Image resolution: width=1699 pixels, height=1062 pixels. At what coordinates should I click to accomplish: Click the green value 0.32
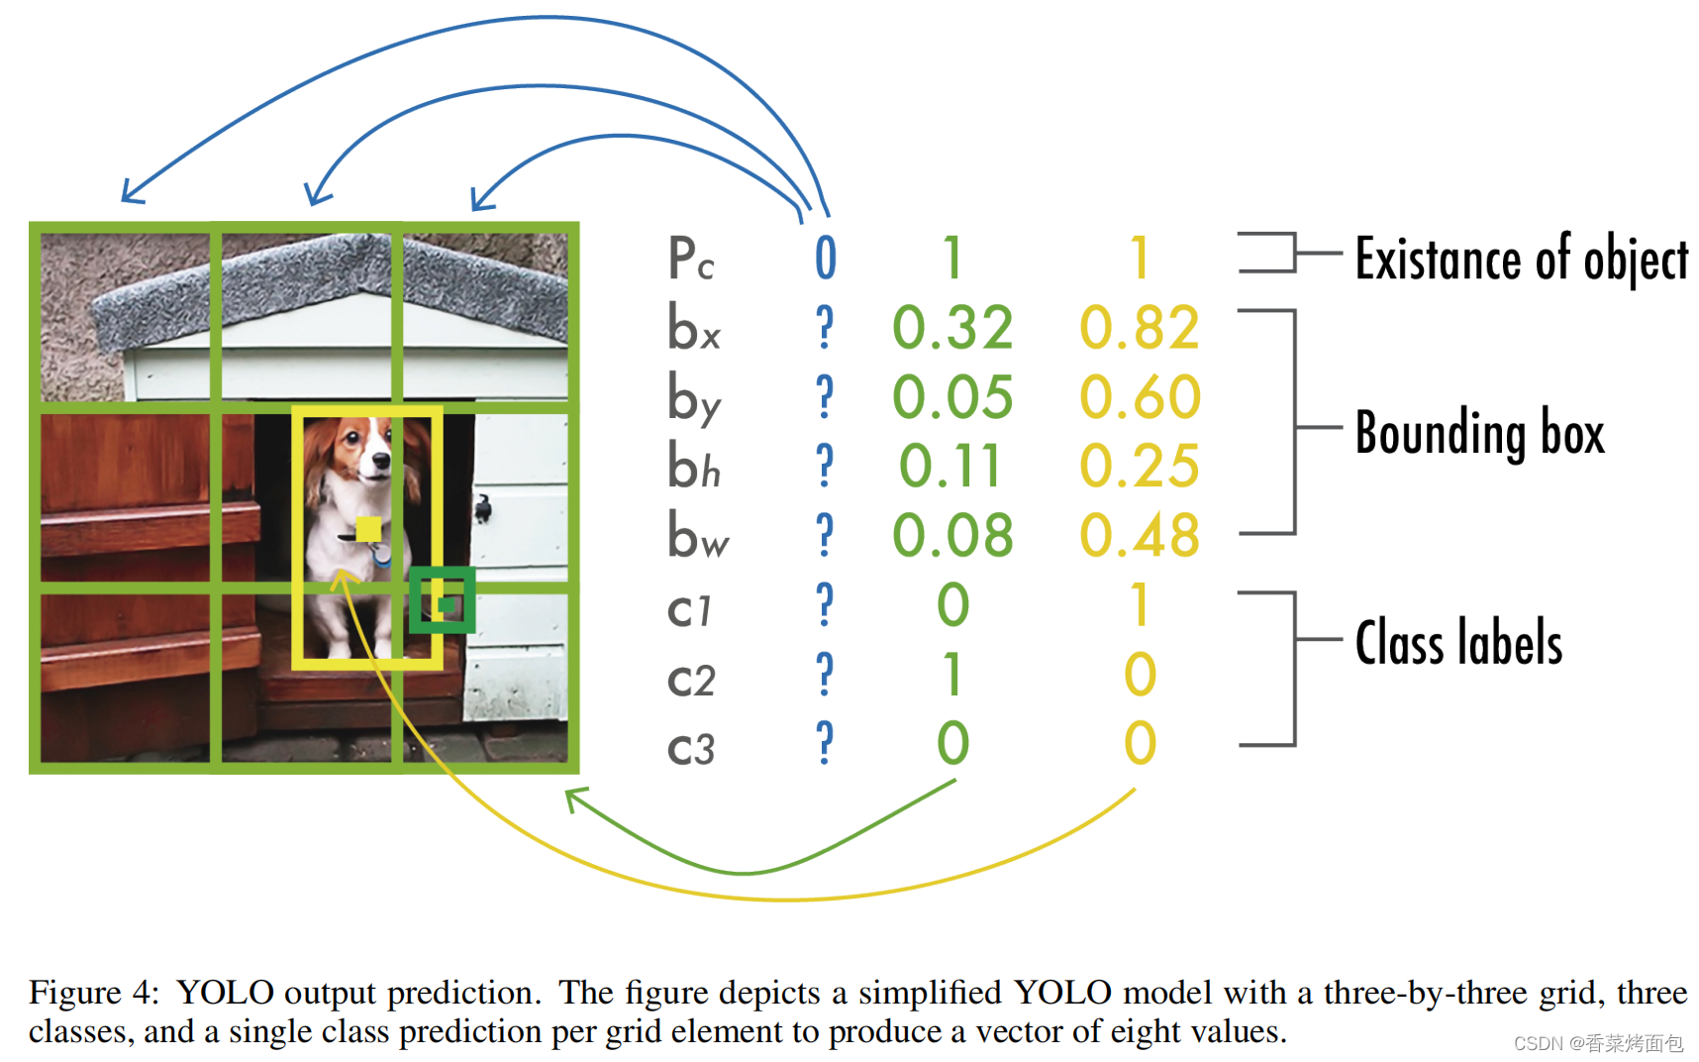[x=952, y=328]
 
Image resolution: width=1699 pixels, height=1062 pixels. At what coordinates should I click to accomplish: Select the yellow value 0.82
[x=1140, y=328]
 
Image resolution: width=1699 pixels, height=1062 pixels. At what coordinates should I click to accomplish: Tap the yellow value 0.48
[x=1140, y=536]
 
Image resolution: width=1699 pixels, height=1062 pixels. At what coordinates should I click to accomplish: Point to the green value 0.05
[x=952, y=397]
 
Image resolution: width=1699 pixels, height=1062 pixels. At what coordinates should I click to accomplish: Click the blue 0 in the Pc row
[x=826, y=259]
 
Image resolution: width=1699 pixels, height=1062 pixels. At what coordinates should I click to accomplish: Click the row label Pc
[x=691, y=258]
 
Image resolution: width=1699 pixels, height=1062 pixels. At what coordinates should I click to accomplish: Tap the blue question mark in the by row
[x=825, y=396]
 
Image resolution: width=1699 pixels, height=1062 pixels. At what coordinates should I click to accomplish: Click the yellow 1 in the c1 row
[x=1141, y=604]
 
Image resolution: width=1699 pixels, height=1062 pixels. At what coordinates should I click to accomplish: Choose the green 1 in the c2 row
[x=952, y=674]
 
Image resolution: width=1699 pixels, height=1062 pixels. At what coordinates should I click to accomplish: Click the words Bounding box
[x=1479, y=433]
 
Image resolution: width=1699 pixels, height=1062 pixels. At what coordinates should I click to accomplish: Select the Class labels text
[x=1458, y=642]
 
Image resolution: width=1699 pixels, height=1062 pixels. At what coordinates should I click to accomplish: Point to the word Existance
[x=1438, y=259]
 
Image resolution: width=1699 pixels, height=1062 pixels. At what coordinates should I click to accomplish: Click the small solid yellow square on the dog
[x=368, y=529]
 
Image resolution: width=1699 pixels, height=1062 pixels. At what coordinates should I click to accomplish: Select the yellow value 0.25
[x=1140, y=467]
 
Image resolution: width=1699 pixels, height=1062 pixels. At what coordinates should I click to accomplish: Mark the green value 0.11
[x=950, y=467]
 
